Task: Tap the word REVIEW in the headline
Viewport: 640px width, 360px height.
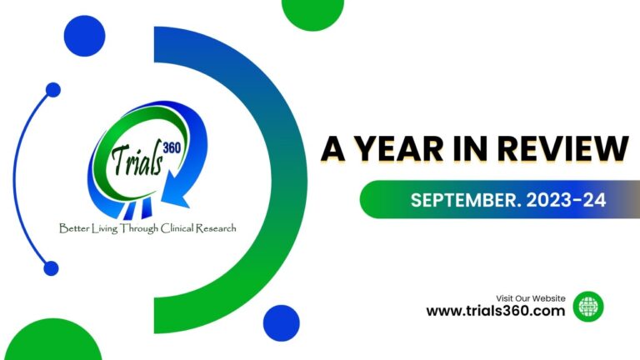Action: point(562,148)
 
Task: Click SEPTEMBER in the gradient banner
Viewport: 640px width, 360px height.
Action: point(466,200)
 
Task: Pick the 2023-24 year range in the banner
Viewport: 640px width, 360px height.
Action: point(566,200)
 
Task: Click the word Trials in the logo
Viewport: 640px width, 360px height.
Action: point(137,160)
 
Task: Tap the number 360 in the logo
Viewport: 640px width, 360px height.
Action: point(172,147)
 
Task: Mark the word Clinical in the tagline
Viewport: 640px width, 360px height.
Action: point(177,227)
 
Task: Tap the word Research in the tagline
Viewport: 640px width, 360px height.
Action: point(216,227)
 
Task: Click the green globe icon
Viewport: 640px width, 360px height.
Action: point(588,306)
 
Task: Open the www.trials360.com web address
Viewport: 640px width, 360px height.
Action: point(496,311)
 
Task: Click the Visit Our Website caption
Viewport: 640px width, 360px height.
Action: point(531,298)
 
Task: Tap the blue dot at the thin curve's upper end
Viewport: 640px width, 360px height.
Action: point(53,90)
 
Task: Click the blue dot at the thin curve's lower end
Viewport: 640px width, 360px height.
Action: point(51,268)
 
